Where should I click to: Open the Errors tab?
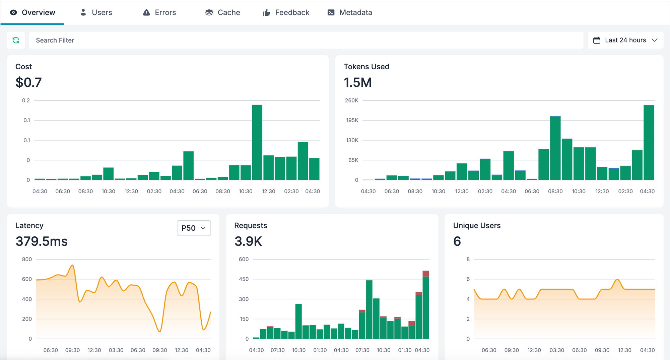click(159, 12)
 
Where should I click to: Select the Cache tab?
click(222, 12)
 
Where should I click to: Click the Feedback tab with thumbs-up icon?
click(286, 12)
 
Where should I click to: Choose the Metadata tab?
click(350, 12)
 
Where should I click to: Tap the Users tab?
click(96, 12)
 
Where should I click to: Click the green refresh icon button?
click(16, 40)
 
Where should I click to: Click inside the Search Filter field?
click(301, 40)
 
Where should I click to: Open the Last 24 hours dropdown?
click(625, 40)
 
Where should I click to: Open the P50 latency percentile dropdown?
click(194, 228)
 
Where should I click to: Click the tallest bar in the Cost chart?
click(257, 142)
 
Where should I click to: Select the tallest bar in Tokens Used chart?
click(649, 142)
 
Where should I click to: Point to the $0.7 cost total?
click(28, 82)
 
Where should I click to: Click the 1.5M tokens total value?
click(357, 82)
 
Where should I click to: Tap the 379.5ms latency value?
click(42, 241)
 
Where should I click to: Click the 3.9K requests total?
click(248, 241)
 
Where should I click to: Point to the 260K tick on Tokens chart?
click(351, 100)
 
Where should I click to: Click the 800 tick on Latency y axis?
click(27, 259)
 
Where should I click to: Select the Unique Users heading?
click(477, 225)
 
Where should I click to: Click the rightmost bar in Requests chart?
click(425, 306)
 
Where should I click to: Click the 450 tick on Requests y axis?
click(244, 279)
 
